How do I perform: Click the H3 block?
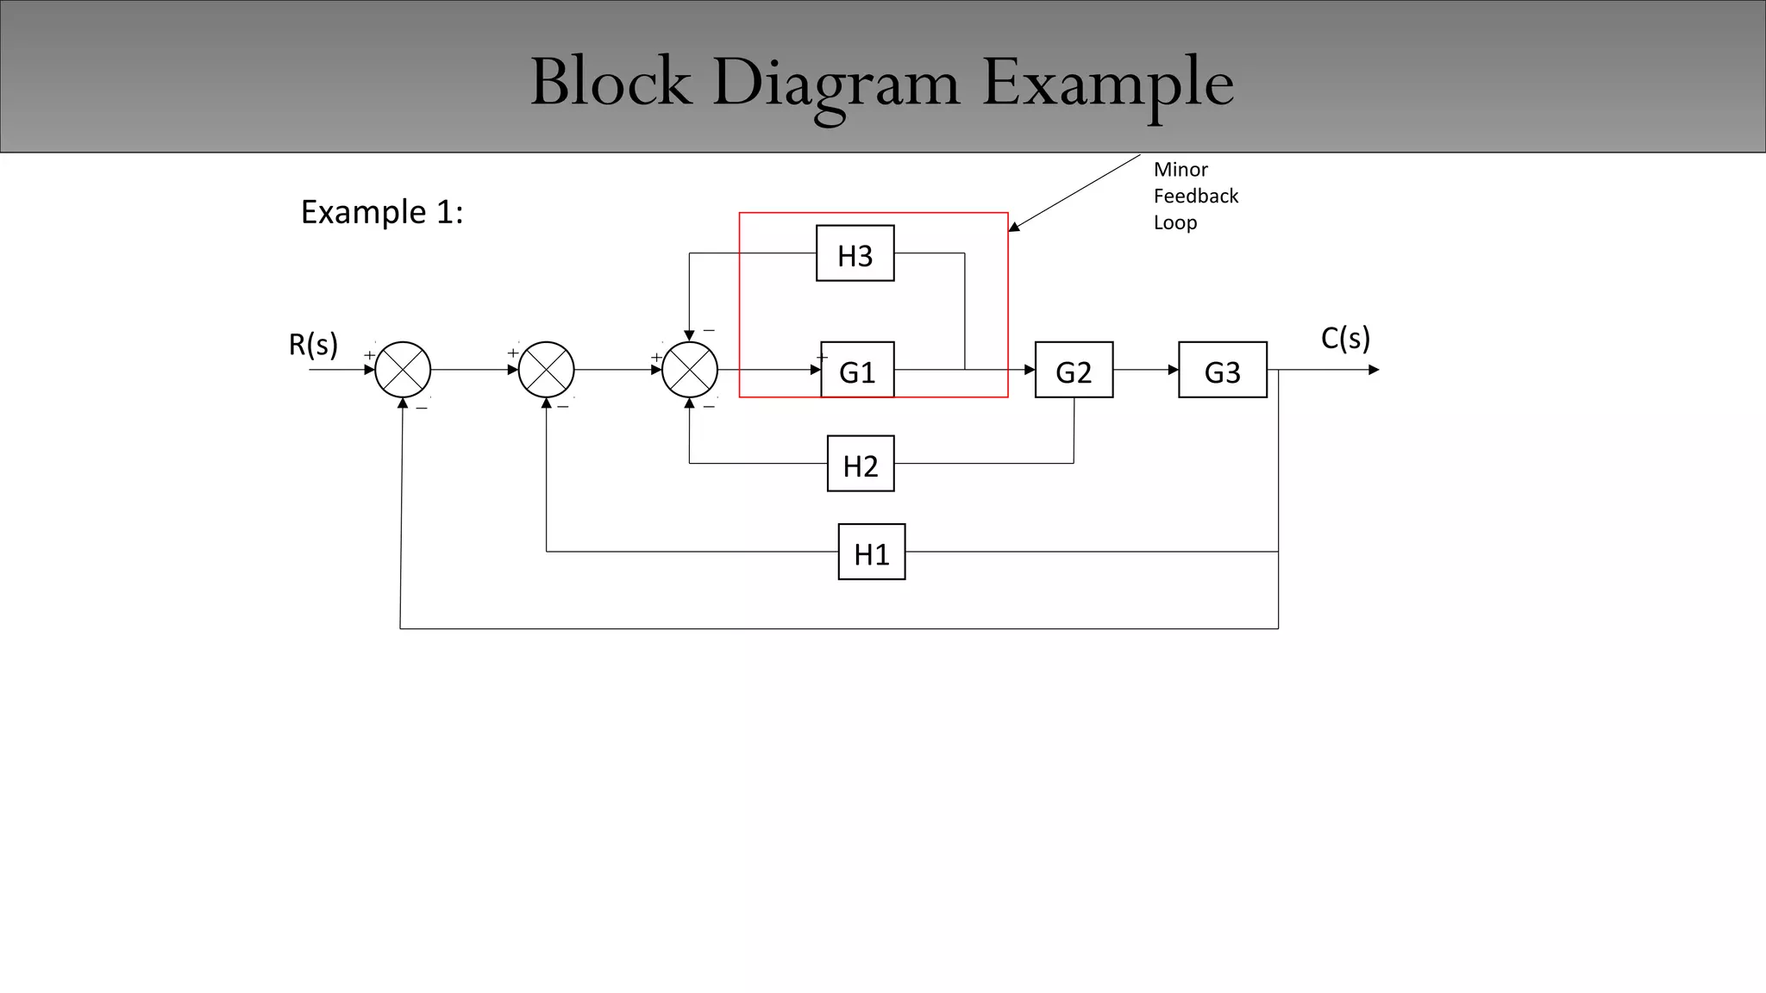pyautogui.click(x=855, y=253)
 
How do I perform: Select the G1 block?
pyautogui.click(x=856, y=370)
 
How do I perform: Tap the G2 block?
pyautogui.click(x=1074, y=370)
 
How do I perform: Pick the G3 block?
pyautogui.click(x=1222, y=370)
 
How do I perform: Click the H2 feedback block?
pyautogui.click(x=860, y=464)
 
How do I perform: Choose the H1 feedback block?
pyautogui.click(x=871, y=552)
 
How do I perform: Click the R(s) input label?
pyautogui.click(x=313, y=344)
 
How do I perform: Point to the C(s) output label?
pyautogui.click(x=1345, y=338)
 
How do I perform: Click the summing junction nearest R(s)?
pyautogui.click(x=403, y=370)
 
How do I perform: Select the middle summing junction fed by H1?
pyautogui.click(x=546, y=370)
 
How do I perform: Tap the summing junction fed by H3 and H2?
pyautogui.click(x=689, y=370)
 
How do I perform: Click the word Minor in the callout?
pyautogui.click(x=1180, y=170)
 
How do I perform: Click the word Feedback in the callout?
pyautogui.click(x=1195, y=197)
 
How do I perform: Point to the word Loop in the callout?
pyautogui.click(x=1175, y=222)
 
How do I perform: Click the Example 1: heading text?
pyautogui.click(x=381, y=212)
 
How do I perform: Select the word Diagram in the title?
pyautogui.click(x=836, y=84)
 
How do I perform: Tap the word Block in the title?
pyautogui.click(x=611, y=84)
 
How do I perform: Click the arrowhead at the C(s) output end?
pyautogui.click(x=1374, y=370)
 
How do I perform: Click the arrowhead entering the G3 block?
pyautogui.click(x=1174, y=370)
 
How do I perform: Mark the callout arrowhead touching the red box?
pyautogui.click(x=1014, y=228)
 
